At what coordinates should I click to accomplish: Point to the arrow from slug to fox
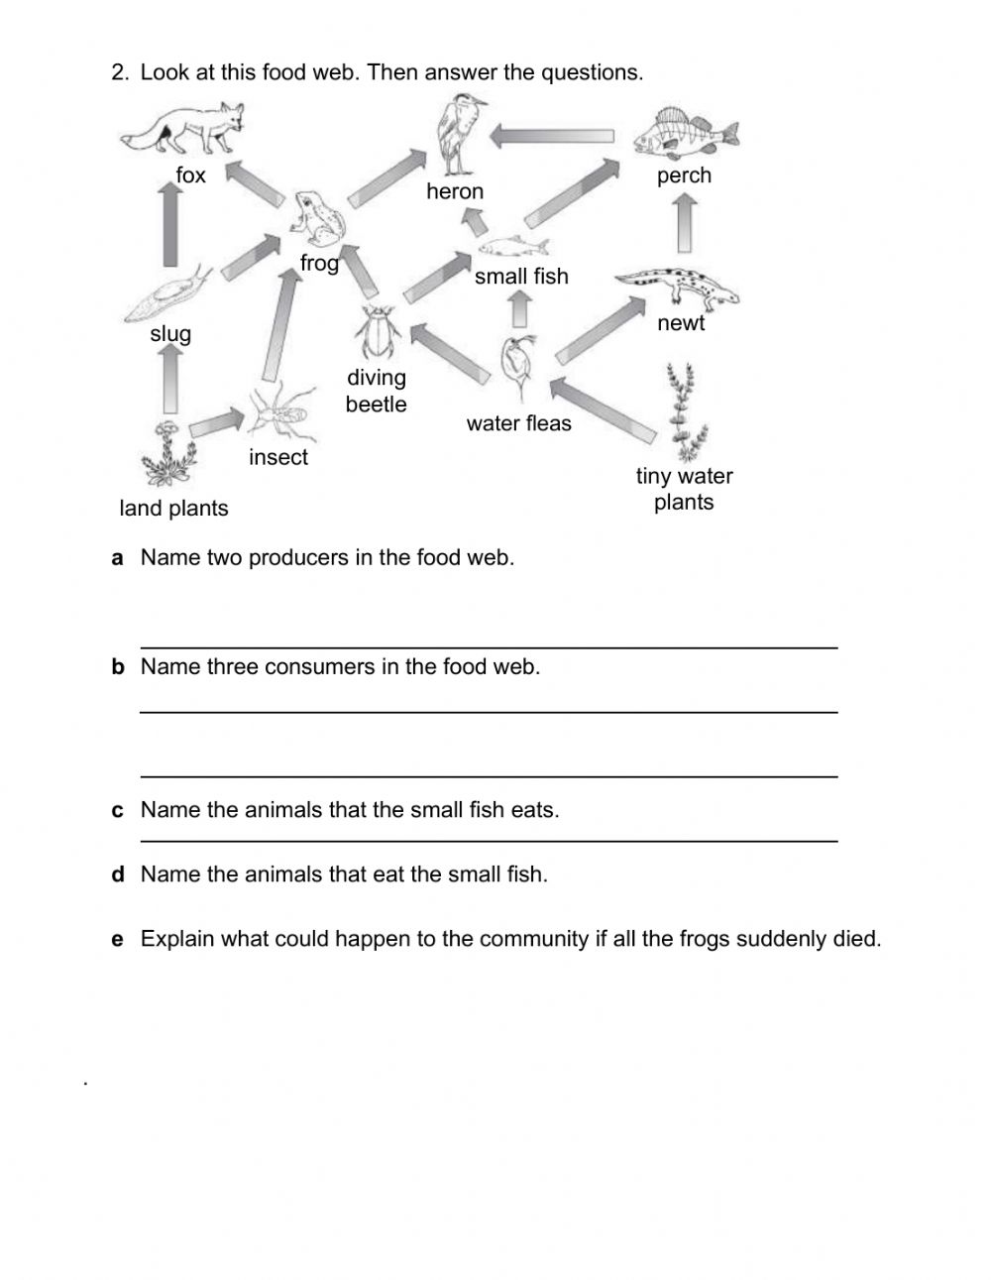tap(170, 225)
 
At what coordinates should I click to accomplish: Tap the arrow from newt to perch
tap(684, 223)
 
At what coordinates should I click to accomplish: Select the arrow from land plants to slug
tap(170, 379)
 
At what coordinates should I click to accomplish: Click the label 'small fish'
tap(521, 277)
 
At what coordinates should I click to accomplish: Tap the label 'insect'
tap(278, 457)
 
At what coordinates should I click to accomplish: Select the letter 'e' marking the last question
tap(118, 939)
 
